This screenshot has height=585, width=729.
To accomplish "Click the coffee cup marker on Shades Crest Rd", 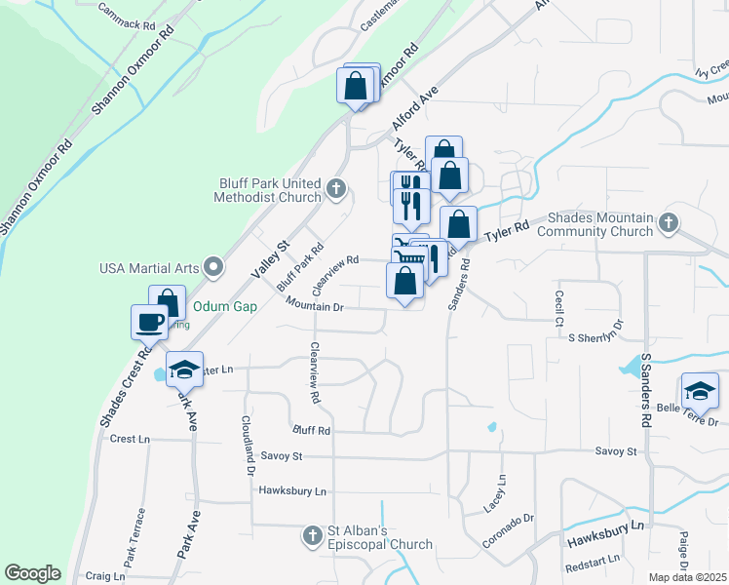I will [x=149, y=321].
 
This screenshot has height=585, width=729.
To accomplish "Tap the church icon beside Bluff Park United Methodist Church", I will [x=336, y=188].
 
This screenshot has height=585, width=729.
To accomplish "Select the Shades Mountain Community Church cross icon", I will [x=669, y=223].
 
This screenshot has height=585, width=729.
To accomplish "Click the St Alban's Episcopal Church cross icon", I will [x=312, y=535].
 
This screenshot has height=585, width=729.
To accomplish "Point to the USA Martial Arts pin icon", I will [x=213, y=267].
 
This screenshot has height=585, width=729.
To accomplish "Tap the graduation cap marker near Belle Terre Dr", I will [x=699, y=391].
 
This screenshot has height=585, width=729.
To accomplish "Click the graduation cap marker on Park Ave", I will [x=183, y=370].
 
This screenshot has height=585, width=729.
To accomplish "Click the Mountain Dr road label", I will [x=315, y=306].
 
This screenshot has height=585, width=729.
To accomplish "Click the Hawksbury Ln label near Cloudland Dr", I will [x=292, y=491].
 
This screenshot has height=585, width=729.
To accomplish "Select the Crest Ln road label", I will [x=131, y=440].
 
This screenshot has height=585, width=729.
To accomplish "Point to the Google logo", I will [x=32, y=573].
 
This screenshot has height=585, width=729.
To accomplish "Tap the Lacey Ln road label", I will [x=502, y=493].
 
